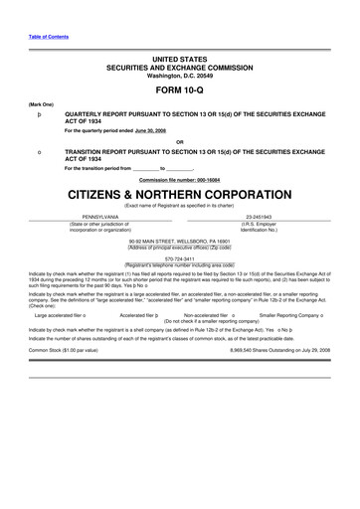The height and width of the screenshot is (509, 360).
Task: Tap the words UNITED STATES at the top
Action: tap(180, 61)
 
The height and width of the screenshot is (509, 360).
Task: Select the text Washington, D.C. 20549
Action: tap(180, 77)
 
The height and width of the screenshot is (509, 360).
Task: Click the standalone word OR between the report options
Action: tap(180, 139)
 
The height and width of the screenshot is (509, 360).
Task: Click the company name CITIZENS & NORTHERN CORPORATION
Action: tap(180, 192)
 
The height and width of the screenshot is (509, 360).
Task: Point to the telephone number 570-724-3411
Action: tap(180, 257)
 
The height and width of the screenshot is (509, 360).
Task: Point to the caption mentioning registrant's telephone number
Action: tap(180, 263)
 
